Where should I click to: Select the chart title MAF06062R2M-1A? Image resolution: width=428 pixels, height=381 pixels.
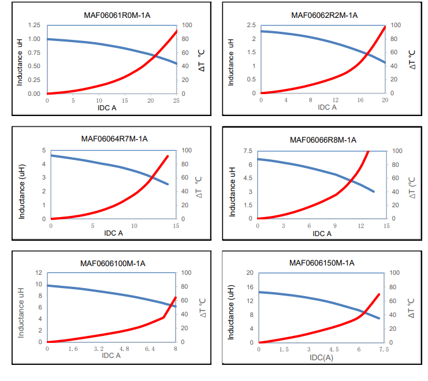point(325,15)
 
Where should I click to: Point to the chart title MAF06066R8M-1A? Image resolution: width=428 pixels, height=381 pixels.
point(323,140)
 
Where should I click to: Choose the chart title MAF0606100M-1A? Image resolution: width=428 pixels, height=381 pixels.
point(113,263)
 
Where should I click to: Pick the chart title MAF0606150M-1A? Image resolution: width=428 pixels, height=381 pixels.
point(322,263)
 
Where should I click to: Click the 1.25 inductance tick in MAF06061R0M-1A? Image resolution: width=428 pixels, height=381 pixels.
point(34,25)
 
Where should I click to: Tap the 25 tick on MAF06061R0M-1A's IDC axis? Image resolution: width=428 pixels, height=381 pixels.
point(177,100)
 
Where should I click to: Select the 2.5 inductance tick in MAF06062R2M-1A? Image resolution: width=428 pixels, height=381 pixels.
point(250,25)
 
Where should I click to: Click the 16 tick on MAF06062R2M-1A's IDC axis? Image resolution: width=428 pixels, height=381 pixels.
point(360,100)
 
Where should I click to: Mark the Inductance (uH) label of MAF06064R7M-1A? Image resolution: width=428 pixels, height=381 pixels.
point(23,185)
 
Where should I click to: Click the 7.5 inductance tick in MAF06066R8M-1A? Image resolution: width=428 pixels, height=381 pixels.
point(247,151)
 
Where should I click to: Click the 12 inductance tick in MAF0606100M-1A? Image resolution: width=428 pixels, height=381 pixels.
point(38,272)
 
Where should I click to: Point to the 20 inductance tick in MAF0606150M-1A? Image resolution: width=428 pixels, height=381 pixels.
point(250,272)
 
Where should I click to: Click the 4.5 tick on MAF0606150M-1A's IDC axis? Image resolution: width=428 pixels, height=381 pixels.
point(334,349)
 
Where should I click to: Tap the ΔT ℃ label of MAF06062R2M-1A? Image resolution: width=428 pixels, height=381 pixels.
point(413,59)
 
